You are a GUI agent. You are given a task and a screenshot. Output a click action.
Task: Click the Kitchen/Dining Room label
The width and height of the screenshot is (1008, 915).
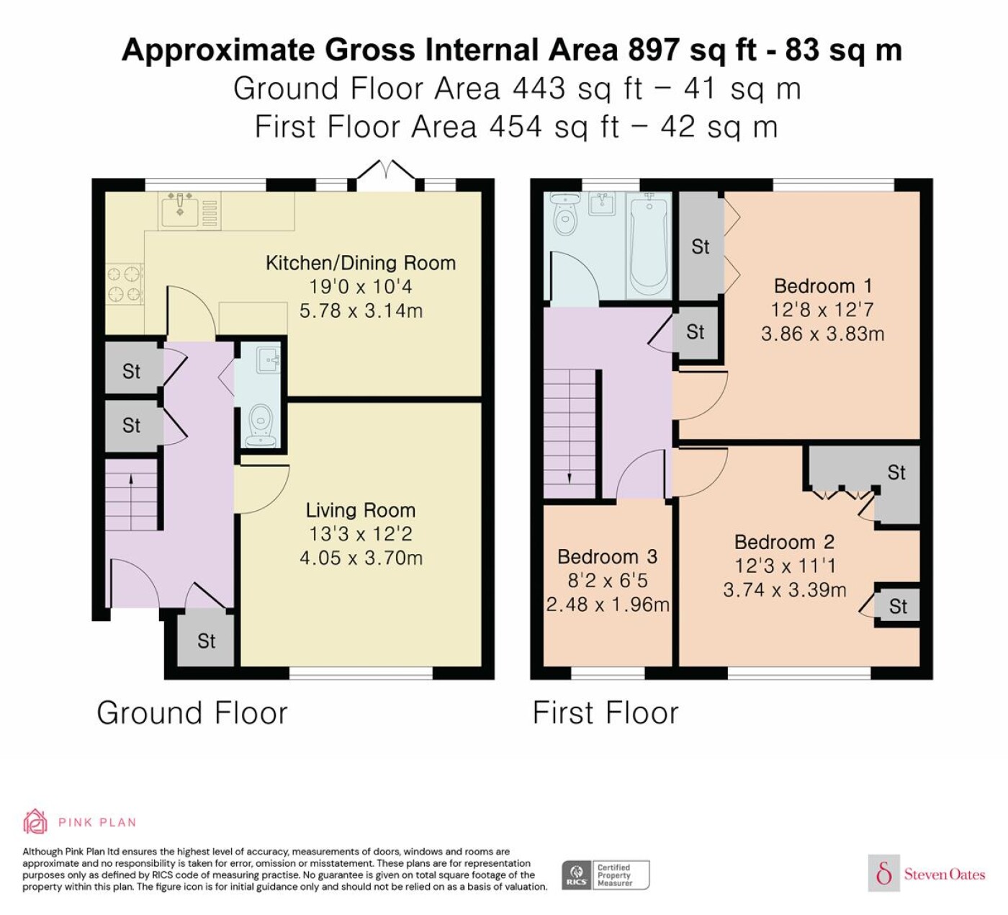tap(360, 263)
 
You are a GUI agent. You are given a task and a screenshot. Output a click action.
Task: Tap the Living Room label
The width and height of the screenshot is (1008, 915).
tap(360, 510)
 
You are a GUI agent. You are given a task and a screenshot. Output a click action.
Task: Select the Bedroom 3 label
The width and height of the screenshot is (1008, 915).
tap(607, 556)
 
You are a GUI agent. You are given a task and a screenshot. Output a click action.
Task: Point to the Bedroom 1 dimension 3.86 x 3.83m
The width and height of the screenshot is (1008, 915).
tap(822, 334)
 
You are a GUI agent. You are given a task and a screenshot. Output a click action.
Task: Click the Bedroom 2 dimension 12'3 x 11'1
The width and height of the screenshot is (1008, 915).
tap(784, 566)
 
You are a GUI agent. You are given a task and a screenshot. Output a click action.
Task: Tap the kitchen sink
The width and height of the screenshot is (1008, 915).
tap(180, 209)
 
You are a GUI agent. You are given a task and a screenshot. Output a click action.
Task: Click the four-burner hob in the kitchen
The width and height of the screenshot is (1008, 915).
tap(125, 284)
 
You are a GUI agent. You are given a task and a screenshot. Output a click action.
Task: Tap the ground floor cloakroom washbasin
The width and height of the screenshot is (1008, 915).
tap(268, 360)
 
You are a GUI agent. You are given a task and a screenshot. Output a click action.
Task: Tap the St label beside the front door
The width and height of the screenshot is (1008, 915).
tap(206, 640)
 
